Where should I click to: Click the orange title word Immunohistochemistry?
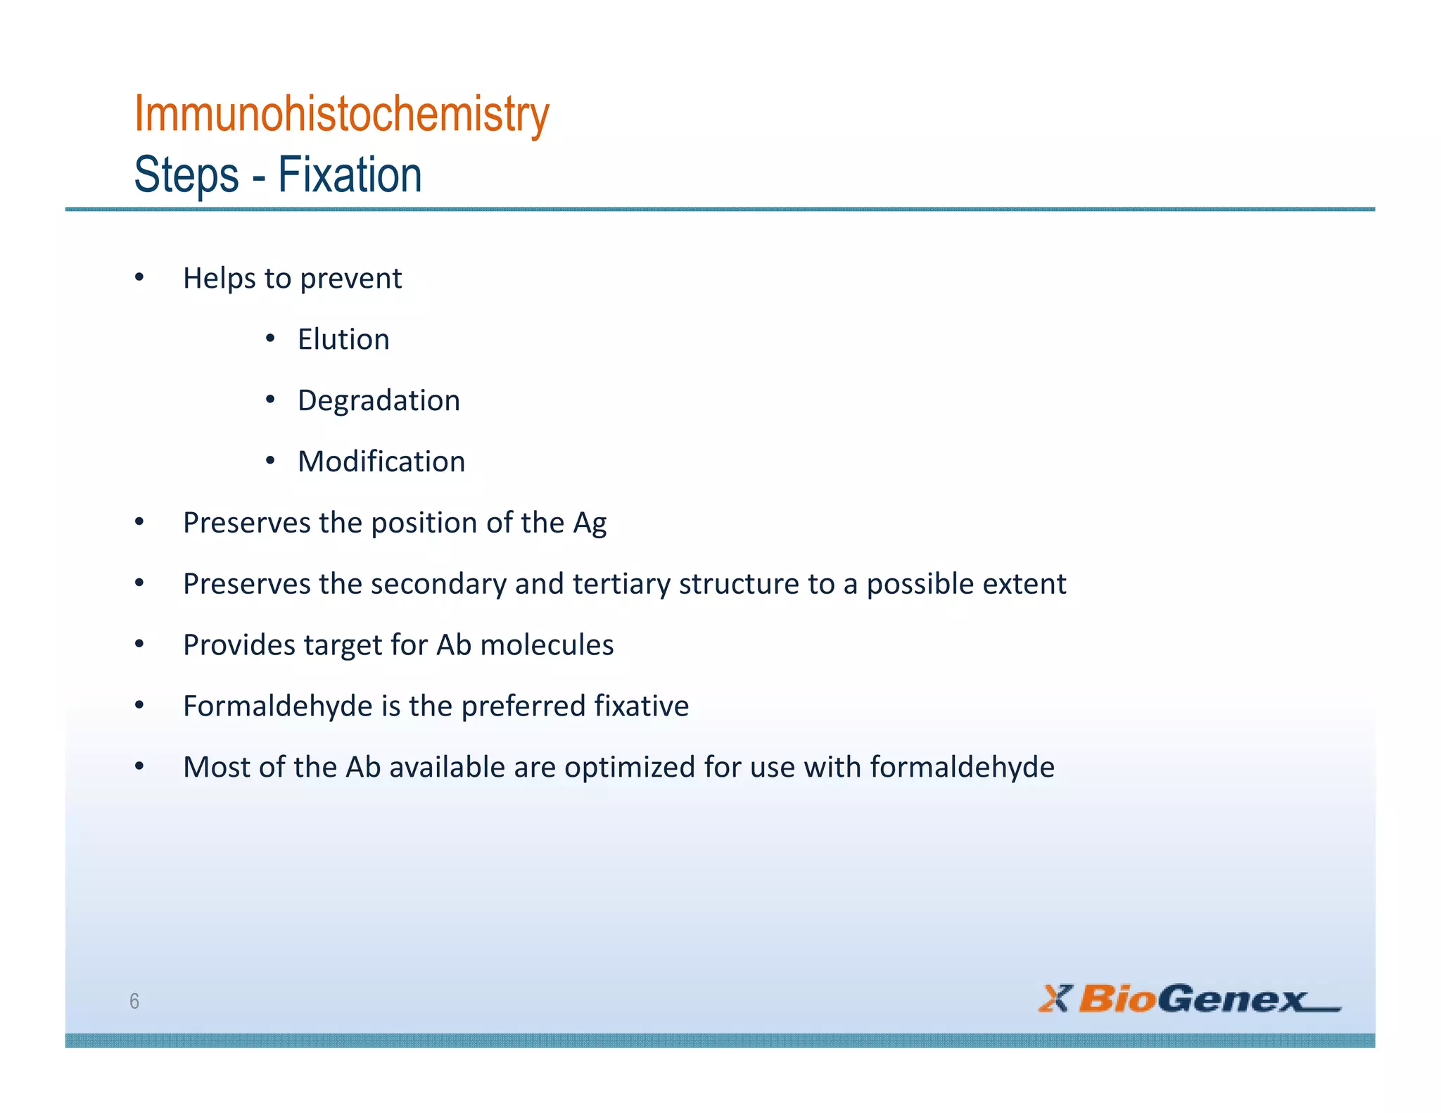(341, 114)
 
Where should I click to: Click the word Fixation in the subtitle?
(350, 175)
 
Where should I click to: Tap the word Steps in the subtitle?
(186, 175)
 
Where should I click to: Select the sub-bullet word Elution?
(343, 340)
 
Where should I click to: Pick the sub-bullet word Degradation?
(379, 401)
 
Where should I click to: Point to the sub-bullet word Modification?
(381, 462)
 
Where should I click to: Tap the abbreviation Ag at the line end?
(590, 523)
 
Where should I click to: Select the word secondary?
(438, 585)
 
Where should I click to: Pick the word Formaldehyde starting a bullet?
(277, 706)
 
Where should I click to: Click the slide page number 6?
(134, 1001)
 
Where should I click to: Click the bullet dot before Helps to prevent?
(139, 278)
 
